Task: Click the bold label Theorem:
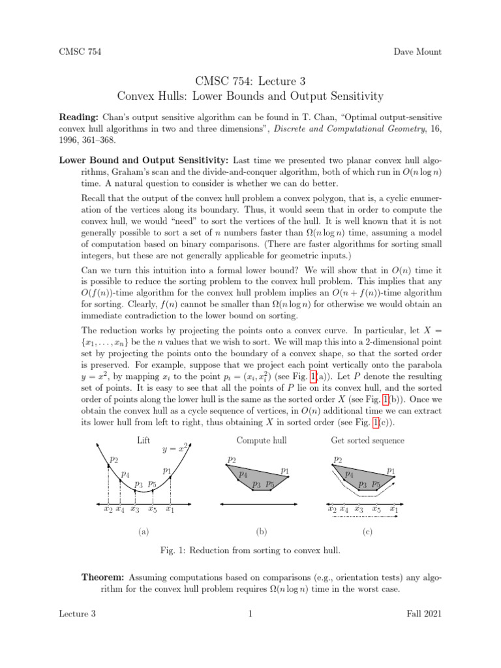coord(104,577)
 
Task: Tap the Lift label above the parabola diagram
coord(144,440)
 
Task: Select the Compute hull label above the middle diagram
coord(262,440)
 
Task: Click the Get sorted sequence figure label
coord(367,440)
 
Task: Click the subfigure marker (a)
coord(144,532)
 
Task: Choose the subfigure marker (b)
coord(262,532)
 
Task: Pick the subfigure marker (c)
coord(367,532)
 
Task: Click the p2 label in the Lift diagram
coord(114,459)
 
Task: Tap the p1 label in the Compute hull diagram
coord(285,470)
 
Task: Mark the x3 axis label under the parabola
coord(134,509)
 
